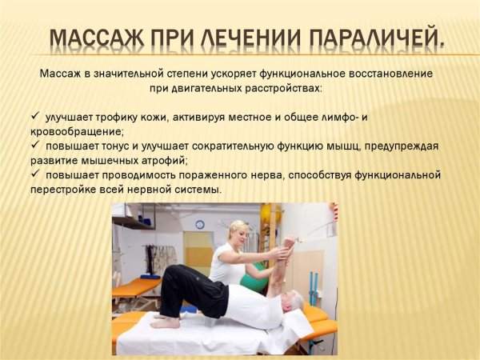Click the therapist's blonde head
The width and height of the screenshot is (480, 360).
(239, 232)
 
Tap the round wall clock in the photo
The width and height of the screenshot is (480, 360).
(200, 224)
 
